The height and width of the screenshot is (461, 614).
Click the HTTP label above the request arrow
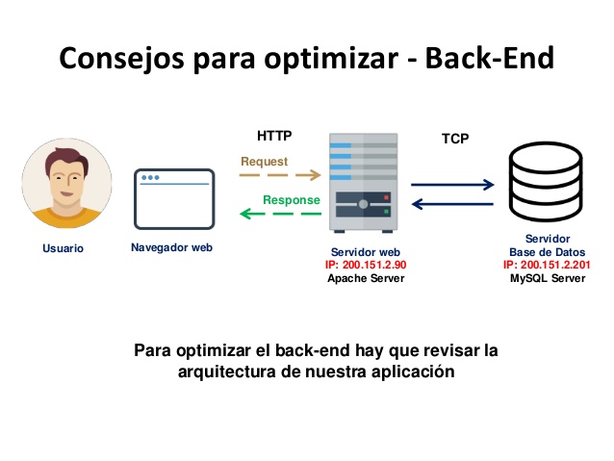(x=274, y=136)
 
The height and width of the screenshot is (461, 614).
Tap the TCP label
(x=455, y=139)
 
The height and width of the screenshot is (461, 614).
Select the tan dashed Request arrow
(x=280, y=175)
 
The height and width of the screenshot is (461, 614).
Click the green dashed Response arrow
(x=280, y=214)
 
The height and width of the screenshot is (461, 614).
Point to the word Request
(x=265, y=162)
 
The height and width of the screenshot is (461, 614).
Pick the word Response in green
(x=292, y=200)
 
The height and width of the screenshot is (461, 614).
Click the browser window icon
(x=174, y=199)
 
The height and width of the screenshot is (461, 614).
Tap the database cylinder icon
(x=546, y=182)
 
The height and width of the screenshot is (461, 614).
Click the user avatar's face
(x=66, y=181)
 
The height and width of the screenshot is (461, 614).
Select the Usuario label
(x=64, y=248)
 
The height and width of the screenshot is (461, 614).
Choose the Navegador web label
(x=171, y=247)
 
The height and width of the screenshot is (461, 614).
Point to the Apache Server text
(x=366, y=278)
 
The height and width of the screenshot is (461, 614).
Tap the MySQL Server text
(x=548, y=278)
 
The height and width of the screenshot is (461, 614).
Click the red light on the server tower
(x=387, y=197)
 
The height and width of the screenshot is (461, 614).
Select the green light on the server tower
(x=387, y=212)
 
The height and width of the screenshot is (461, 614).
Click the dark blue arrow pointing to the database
(x=452, y=185)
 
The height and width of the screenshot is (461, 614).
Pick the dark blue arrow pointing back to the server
(x=452, y=204)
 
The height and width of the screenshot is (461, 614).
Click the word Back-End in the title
(x=490, y=58)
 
